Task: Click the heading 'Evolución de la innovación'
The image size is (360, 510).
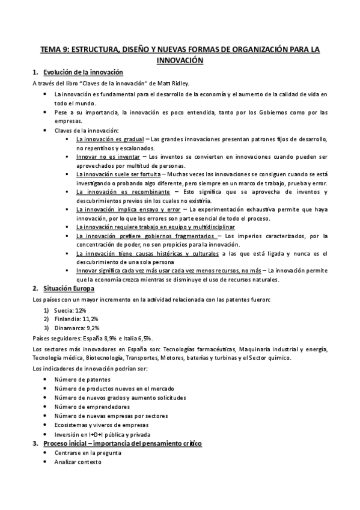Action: pyautogui.click(x=83, y=72)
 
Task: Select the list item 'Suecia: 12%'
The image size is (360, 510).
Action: pyautogui.click(x=72, y=310)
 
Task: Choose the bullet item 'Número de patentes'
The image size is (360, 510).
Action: pyautogui.click(x=82, y=380)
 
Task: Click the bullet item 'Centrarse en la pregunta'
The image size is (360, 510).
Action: pyautogui.click(x=87, y=453)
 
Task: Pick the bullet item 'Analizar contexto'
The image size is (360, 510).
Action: pyautogui.click(x=78, y=462)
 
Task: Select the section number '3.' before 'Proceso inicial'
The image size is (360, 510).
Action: pyautogui.click(x=35, y=443)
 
